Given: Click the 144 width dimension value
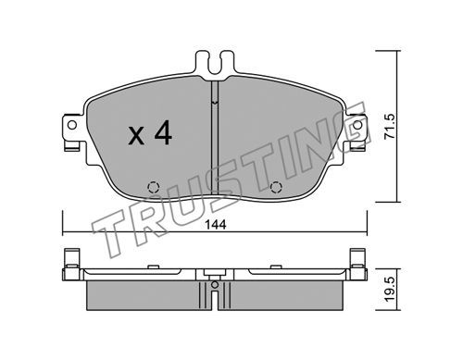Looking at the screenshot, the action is [x=216, y=225].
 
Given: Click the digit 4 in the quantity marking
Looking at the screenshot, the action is [x=163, y=132].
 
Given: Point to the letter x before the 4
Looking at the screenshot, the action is [x=136, y=136].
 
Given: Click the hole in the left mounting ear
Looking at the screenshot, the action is [x=72, y=125].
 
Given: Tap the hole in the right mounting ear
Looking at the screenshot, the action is [x=357, y=125].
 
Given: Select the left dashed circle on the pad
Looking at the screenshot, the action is [x=153, y=187].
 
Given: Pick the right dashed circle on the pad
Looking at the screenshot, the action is [x=276, y=187].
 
